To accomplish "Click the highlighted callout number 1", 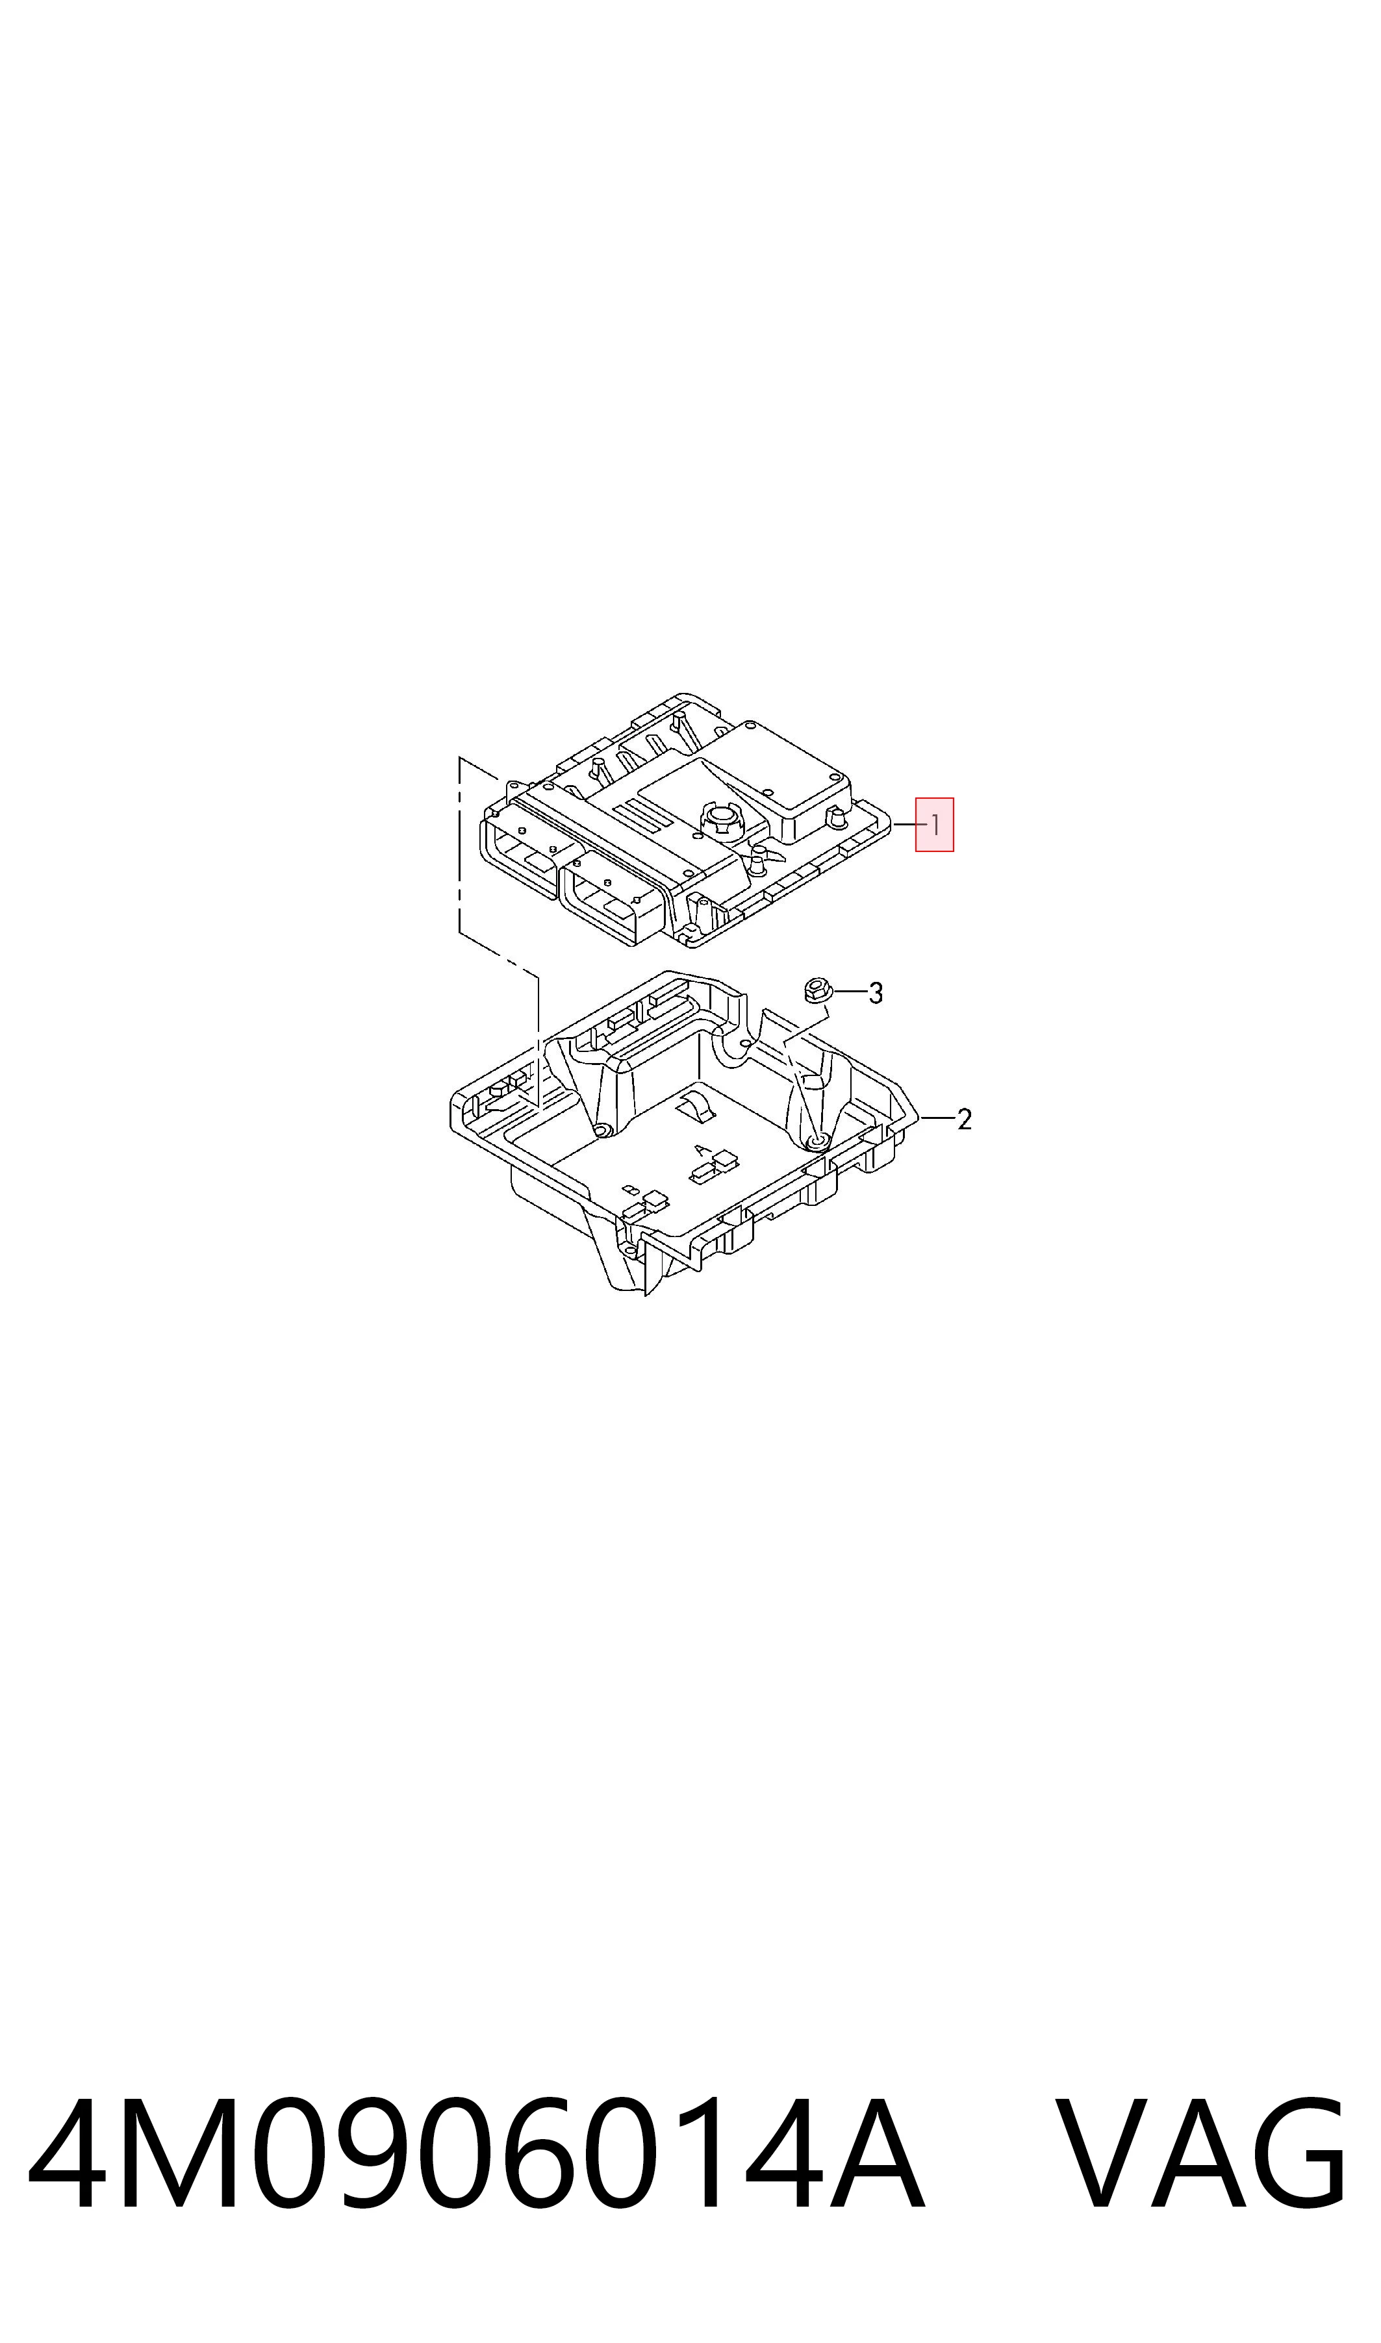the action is click(x=934, y=824).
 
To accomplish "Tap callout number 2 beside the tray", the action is click(x=964, y=1119).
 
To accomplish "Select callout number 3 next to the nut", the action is click(x=876, y=994).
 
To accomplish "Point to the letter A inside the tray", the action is click(x=701, y=1151).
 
